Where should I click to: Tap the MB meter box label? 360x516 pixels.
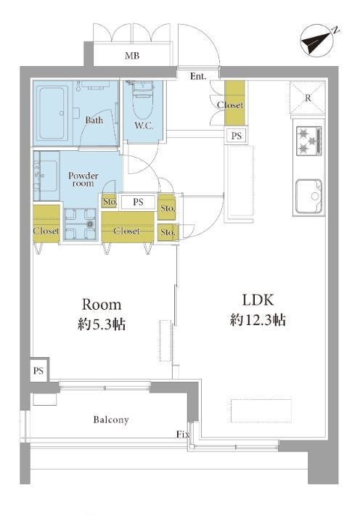tap(132, 56)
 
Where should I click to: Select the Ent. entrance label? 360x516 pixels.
tap(198, 76)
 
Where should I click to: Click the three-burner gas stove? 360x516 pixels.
tap(308, 141)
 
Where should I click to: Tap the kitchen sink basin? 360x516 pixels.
tap(308, 197)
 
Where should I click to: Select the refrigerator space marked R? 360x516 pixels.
tap(307, 98)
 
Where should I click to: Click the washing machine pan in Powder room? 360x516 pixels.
tap(81, 224)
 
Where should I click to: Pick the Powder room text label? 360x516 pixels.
tap(83, 179)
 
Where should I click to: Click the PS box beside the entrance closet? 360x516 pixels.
tap(236, 136)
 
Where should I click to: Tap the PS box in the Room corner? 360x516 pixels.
tap(38, 370)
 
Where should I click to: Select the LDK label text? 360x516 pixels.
tap(258, 300)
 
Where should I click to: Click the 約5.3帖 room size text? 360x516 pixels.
tap(102, 325)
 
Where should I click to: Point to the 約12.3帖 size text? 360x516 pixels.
tap(258, 320)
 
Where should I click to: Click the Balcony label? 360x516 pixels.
tap(111, 419)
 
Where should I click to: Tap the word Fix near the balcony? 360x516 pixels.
tap(184, 435)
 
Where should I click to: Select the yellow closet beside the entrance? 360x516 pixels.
tap(234, 103)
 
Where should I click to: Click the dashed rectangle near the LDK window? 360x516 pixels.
tap(261, 410)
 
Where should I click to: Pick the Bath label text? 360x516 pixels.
tap(94, 120)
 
